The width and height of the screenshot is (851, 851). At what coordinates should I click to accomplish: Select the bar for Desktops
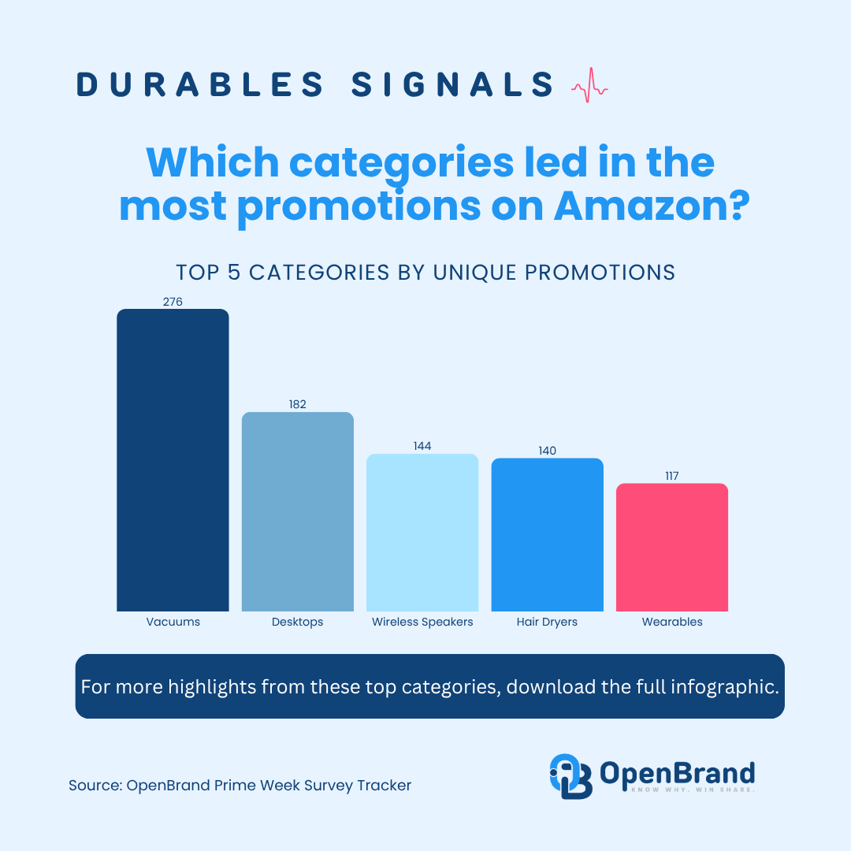(x=297, y=511)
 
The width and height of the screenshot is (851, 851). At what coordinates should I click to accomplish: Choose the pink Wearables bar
(x=671, y=547)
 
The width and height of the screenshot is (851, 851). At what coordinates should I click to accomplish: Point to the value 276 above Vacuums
(x=173, y=301)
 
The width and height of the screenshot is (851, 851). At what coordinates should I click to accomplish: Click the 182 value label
(x=297, y=404)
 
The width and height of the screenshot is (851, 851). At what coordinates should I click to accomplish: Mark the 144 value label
(x=422, y=446)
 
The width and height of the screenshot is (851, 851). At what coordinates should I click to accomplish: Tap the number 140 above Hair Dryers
(x=547, y=451)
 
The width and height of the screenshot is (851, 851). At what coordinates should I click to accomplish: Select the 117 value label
(x=671, y=476)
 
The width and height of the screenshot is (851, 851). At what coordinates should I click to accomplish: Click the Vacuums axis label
(x=173, y=622)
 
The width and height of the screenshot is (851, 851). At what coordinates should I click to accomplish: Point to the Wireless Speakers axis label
(x=422, y=622)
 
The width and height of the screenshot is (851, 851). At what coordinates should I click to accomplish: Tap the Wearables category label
(x=671, y=622)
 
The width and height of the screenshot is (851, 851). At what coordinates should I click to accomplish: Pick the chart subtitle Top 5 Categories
(x=425, y=272)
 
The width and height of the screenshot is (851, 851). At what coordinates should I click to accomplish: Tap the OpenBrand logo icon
(x=570, y=775)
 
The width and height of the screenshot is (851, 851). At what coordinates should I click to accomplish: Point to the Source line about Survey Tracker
(x=240, y=785)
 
